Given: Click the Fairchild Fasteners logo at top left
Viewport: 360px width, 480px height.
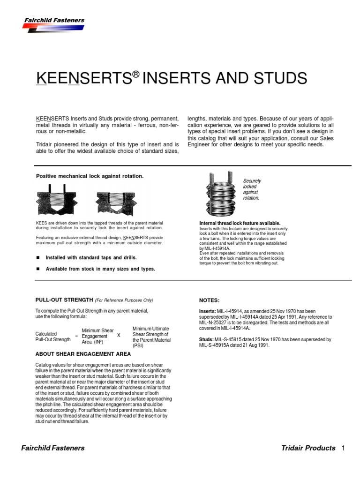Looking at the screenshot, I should tap(53, 24).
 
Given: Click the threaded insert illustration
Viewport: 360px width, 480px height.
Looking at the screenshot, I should tap(219, 193).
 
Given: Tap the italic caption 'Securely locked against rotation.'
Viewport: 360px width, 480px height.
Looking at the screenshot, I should tap(252, 189).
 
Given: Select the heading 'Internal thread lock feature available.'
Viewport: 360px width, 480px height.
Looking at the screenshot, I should tap(240, 223).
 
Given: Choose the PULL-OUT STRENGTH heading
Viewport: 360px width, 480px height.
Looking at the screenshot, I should tap(64, 300).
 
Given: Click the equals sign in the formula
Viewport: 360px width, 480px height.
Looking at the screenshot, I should tap(76, 337).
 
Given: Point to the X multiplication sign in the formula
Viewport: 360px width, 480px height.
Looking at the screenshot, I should tap(119, 336).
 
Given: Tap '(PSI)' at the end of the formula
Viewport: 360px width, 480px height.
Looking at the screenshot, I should tap(138, 345).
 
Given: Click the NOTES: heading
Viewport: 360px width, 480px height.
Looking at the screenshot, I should tap(210, 300).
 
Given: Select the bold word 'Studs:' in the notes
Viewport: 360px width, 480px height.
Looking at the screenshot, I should tap(207, 339).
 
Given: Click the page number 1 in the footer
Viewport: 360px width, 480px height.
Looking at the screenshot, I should tap(343, 448).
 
